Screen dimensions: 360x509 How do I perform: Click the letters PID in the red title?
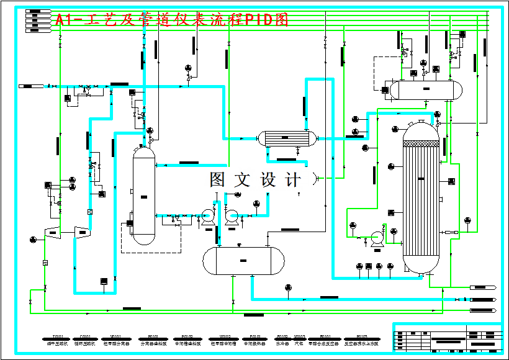pos(259,20)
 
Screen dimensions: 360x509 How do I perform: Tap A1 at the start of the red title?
pos(64,20)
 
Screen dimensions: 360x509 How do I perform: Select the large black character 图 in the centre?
pos(219,180)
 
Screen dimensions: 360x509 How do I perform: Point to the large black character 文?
pos(242,180)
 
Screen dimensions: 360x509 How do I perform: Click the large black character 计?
pos(292,180)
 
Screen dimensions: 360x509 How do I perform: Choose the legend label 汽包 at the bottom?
pos(299,343)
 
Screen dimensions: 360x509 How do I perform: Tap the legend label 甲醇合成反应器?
pos(323,343)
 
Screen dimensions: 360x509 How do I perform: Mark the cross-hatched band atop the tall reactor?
pos(421,143)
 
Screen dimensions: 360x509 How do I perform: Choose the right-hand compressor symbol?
pos(83,232)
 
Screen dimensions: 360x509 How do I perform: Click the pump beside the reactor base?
pos(376,238)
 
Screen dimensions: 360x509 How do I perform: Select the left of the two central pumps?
pos(207,216)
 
